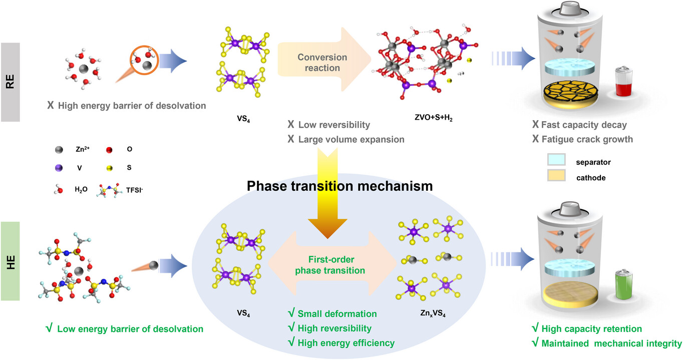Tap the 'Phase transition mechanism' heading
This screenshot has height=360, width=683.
(x=339, y=186)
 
